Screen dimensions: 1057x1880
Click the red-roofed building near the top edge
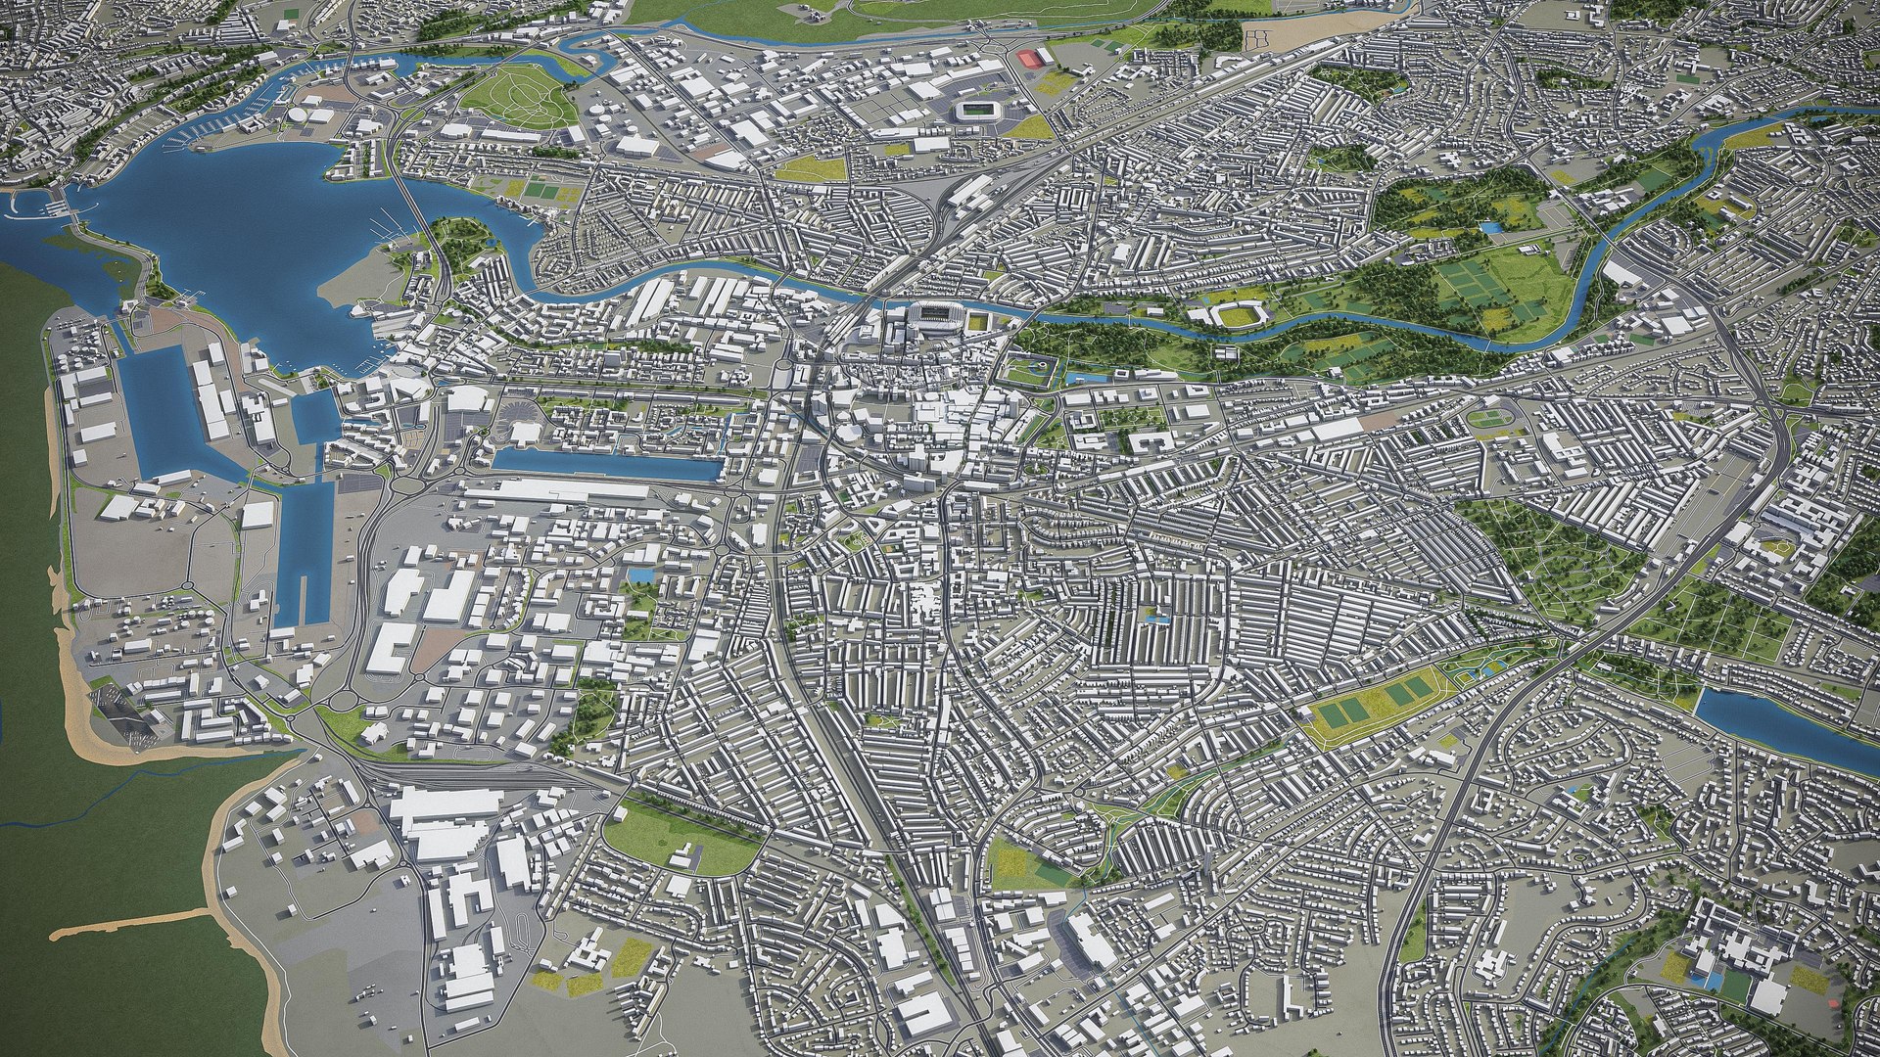tap(1030, 58)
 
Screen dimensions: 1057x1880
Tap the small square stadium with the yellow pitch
tap(979, 322)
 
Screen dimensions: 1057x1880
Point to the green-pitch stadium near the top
tap(977, 109)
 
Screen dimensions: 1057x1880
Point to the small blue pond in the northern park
tap(1490, 227)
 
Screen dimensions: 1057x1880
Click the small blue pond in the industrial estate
tap(642, 575)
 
